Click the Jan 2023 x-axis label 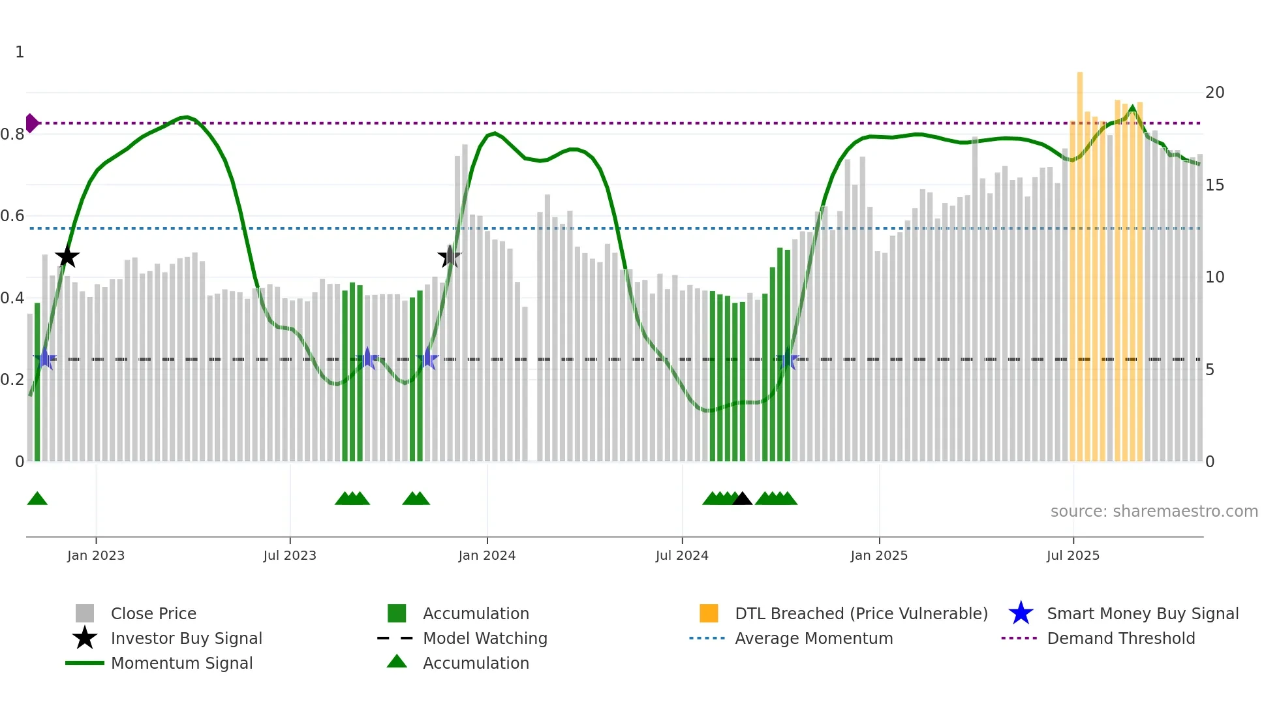[x=96, y=555]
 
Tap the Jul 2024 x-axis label [x=682, y=555]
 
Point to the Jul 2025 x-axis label [x=1073, y=555]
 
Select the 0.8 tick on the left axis [x=12, y=134]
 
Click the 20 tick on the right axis [x=1214, y=93]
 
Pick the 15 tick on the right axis [x=1214, y=185]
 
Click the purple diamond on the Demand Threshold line [x=31, y=123]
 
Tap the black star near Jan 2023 [x=67, y=257]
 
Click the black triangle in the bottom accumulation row [x=742, y=499]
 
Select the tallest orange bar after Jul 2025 [x=1080, y=261]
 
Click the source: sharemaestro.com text [x=1154, y=512]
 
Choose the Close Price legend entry [x=153, y=613]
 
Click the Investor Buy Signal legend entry [x=186, y=638]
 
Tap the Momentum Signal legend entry [x=181, y=663]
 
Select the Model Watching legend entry [x=485, y=638]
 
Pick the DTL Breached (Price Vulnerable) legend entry [x=861, y=613]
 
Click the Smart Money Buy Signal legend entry [x=1142, y=613]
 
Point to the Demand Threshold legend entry [x=1120, y=638]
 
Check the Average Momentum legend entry [x=813, y=638]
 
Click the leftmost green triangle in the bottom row [x=37, y=499]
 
